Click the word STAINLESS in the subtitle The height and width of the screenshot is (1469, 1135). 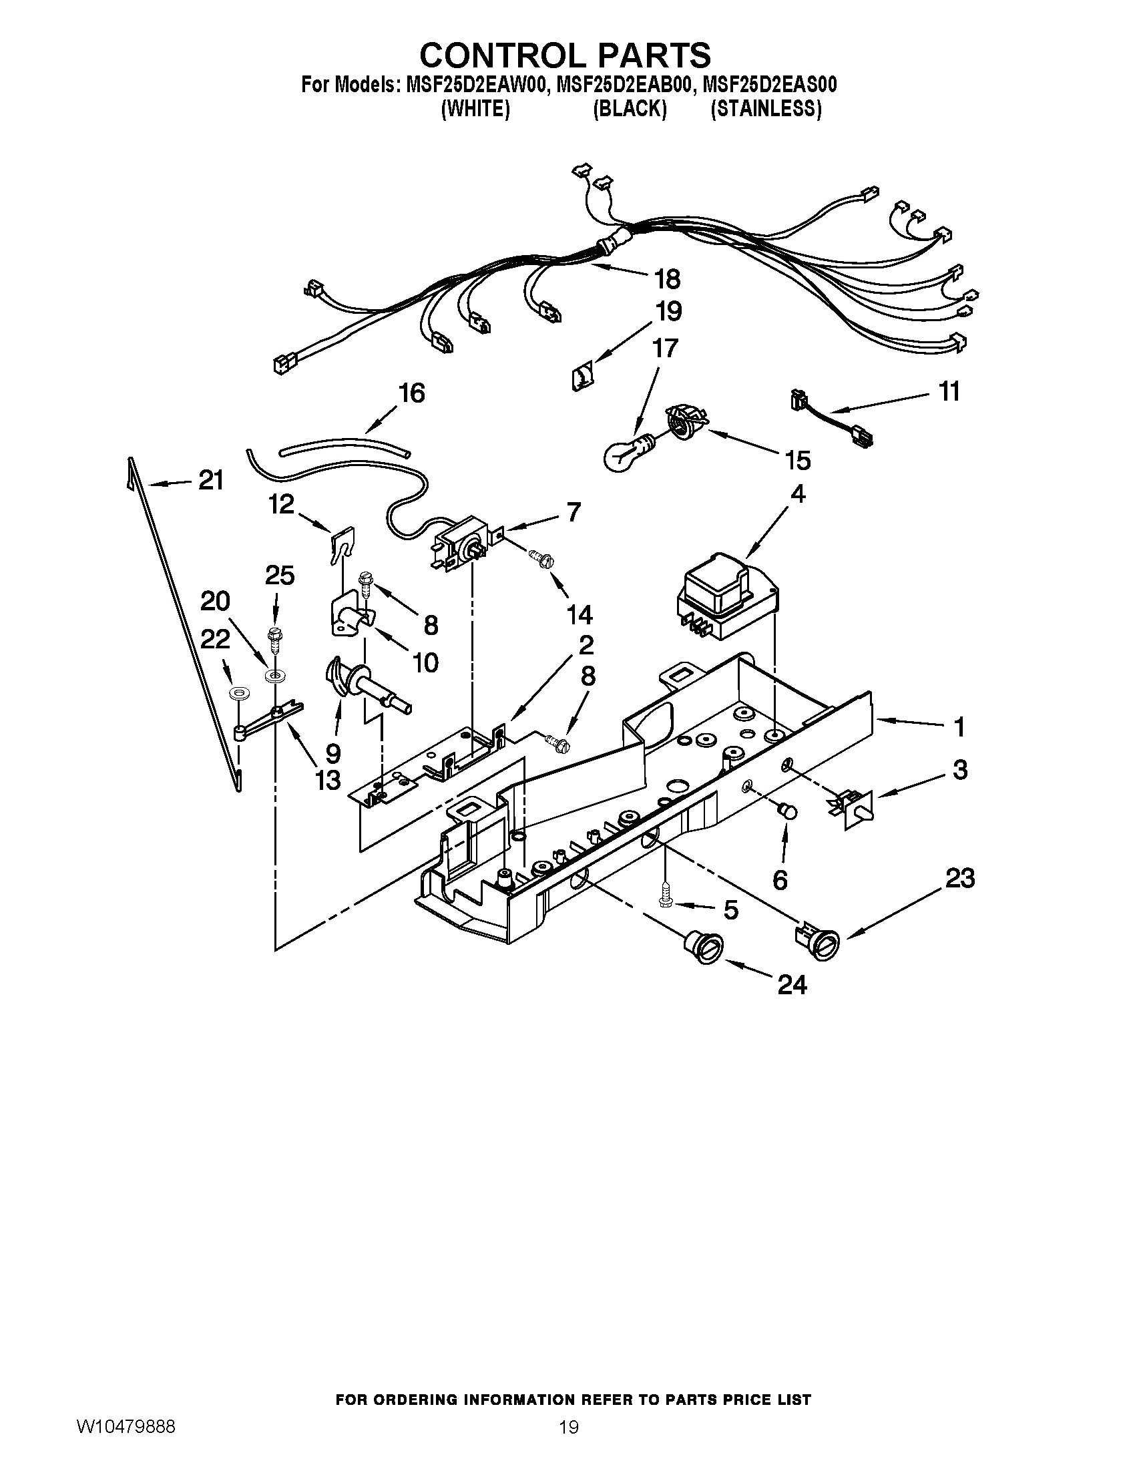(x=766, y=109)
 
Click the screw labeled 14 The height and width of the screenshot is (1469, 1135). (x=542, y=558)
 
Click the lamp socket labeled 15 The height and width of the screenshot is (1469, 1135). (x=684, y=423)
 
